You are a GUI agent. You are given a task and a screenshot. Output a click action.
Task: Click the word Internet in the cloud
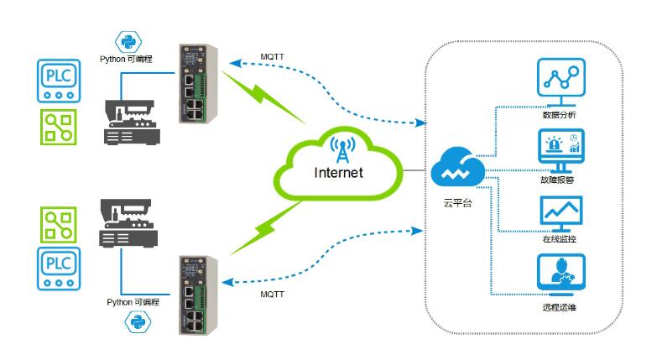338,174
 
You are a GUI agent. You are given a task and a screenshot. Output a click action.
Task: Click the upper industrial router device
194,84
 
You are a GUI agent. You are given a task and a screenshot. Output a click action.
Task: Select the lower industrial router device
194,295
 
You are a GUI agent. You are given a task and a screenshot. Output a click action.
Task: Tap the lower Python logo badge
135,320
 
